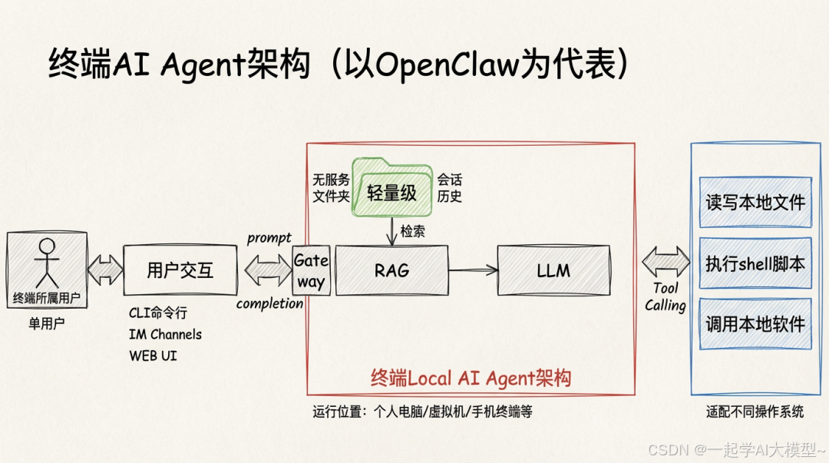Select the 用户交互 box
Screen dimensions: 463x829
pyautogui.click(x=180, y=270)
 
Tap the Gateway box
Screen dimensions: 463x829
pyautogui.click(x=311, y=270)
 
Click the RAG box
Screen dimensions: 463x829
pyautogui.click(x=391, y=270)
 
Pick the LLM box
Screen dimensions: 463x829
pyautogui.click(x=553, y=270)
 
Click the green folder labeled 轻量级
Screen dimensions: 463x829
pyautogui.click(x=391, y=188)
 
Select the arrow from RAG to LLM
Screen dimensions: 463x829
pyautogui.click(x=473, y=270)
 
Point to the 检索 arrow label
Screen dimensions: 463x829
pyautogui.click(x=413, y=231)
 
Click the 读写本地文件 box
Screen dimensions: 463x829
pyautogui.click(x=755, y=202)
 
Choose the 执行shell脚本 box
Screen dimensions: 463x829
pyautogui.click(x=755, y=263)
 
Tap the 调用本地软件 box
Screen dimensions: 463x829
pyautogui.click(x=755, y=324)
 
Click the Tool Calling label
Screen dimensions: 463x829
pyautogui.click(x=666, y=297)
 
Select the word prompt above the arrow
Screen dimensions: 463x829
pyautogui.click(x=269, y=238)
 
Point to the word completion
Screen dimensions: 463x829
pyautogui.click(x=269, y=303)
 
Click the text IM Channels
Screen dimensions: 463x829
pyautogui.click(x=165, y=334)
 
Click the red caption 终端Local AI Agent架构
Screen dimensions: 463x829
pyautogui.click(x=471, y=378)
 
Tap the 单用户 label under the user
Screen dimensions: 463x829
pyautogui.click(x=47, y=323)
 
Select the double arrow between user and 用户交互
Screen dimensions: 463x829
pyautogui.click(x=105, y=270)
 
